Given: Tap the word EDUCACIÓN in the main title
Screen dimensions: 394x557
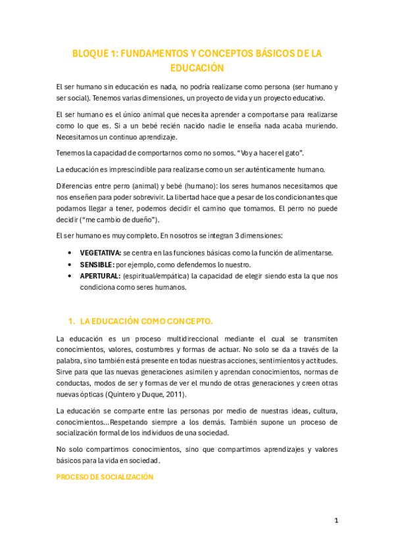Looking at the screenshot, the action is [197, 68].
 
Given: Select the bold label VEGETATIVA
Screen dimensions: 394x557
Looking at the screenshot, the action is [100, 253].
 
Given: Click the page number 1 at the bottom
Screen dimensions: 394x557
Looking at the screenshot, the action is [336, 520].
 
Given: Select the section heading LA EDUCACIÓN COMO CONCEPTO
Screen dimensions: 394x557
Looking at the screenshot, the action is [147, 321].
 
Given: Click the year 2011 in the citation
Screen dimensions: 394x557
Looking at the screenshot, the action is [175, 394].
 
